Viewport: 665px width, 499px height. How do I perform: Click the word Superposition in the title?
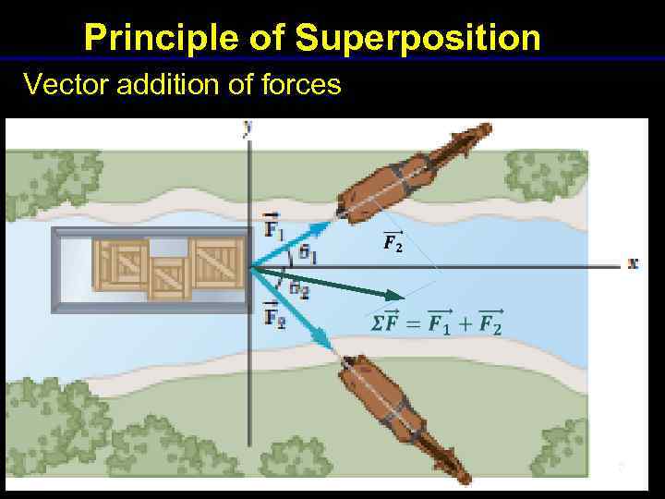pyautogui.click(x=417, y=38)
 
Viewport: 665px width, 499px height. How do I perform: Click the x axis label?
pyautogui.click(x=633, y=263)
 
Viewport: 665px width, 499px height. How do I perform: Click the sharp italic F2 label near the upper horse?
pyautogui.click(x=393, y=243)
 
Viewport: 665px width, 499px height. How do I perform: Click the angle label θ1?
pyautogui.click(x=308, y=253)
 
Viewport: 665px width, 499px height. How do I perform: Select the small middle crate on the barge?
pyautogui.click(x=169, y=278)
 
